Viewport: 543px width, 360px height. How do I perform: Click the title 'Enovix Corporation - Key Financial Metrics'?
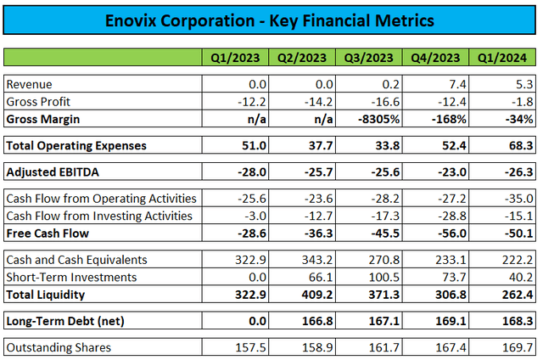coord(271,19)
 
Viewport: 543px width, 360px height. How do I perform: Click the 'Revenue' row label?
coord(30,85)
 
